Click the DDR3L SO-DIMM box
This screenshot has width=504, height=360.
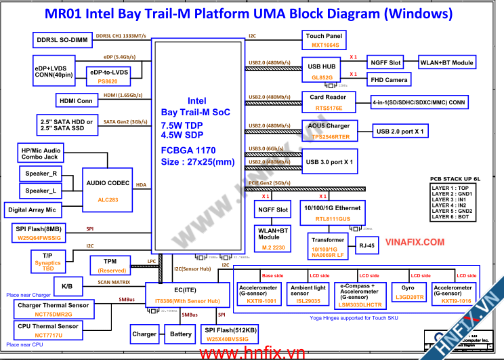point(62,39)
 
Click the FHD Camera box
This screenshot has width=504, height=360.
point(390,80)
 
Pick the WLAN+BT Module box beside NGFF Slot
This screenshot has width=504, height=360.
point(446,62)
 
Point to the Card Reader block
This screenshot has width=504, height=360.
point(329,102)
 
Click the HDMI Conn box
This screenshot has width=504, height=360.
point(76,100)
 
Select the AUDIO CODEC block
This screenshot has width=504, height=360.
point(108,187)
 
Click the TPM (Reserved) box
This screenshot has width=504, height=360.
point(110,265)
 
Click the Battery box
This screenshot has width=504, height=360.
point(180,334)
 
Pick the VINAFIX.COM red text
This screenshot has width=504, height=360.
point(415,242)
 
